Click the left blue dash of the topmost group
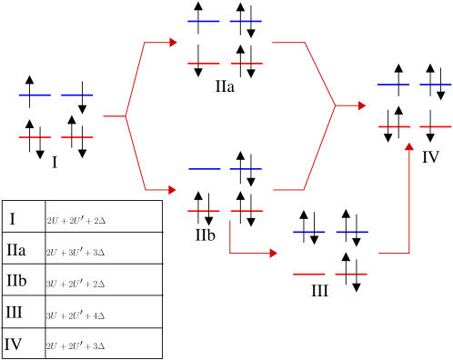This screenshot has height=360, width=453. coord(203,21)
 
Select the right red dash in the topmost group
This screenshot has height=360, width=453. coord(246,64)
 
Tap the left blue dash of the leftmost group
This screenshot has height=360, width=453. coord(35,95)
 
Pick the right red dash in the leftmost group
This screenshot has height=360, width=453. coord(77,137)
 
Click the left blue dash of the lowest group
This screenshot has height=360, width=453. coord(309,232)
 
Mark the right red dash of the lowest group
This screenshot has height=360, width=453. coord(351,274)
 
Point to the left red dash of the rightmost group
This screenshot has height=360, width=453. coord(395,126)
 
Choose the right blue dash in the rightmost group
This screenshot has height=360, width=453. coord(436,85)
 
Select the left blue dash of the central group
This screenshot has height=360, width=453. coord(205,169)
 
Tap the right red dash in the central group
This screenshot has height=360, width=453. coord(247,211)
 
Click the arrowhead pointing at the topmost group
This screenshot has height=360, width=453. coord(173,43)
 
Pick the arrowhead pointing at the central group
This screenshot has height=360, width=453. coord(172,190)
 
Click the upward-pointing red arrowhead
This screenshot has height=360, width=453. coord(409,146)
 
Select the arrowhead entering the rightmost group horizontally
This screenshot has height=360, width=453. coord(362,105)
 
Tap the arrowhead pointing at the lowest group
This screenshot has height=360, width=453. coord(273,253)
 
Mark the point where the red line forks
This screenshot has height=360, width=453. coord(126,116)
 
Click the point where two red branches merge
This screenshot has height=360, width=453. coord(336,105)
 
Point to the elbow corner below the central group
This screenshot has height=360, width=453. coord(230,253)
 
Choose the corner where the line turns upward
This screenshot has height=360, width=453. coord(409,253)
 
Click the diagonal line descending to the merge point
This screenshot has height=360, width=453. coord(319,73)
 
